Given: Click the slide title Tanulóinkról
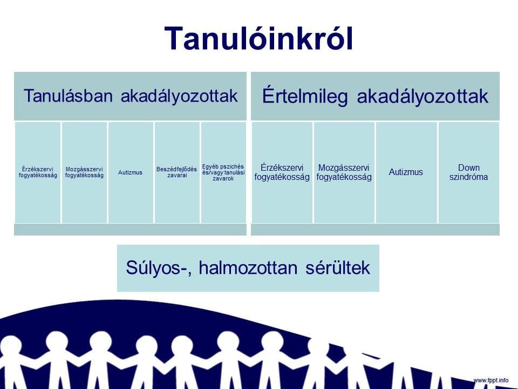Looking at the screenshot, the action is [x=258, y=39].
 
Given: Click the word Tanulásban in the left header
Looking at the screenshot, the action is [x=68, y=96].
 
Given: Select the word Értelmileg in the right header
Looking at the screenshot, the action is [x=304, y=96].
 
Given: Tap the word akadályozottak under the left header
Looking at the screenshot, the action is [x=179, y=96].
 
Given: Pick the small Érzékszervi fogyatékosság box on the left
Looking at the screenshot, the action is [x=38, y=172].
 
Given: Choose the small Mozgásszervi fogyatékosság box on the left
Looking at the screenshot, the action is [x=84, y=172].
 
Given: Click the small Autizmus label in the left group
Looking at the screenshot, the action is [x=130, y=172].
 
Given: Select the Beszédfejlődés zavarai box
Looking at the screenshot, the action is [x=177, y=172].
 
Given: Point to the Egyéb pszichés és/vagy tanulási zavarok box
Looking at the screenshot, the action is [x=223, y=172].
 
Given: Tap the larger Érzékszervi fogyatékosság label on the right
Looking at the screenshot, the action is [x=282, y=172].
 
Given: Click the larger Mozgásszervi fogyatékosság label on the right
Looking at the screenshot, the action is [x=344, y=172].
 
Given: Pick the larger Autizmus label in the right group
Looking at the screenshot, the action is [x=406, y=172].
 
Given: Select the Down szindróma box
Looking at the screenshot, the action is [x=468, y=172].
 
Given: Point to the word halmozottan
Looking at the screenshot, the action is [x=248, y=267].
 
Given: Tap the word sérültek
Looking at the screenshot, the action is [x=338, y=267].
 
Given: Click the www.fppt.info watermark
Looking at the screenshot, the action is [x=491, y=380].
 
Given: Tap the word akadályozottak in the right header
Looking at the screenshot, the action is [x=422, y=96].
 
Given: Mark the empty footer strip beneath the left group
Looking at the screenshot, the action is [x=130, y=230].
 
